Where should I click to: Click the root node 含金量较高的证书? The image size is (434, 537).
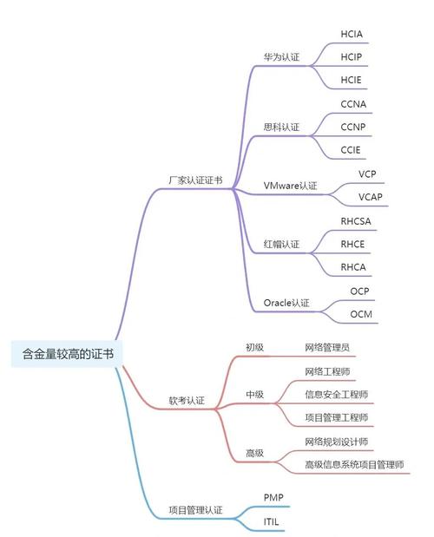(x=67, y=354)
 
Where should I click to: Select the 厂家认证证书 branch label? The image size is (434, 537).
(x=194, y=180)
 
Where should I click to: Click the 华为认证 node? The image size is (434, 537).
(x=281, y=57)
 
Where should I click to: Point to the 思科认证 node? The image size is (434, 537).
(x=281, y=128)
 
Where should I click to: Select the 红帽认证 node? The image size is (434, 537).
(x=281, y=245)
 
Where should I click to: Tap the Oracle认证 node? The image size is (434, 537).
(x=286, y=303)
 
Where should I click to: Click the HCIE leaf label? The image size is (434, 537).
(x=352, y=80)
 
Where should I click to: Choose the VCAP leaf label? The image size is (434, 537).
(x=371, y=197)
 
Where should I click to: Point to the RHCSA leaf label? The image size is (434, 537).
(x=356, y=220)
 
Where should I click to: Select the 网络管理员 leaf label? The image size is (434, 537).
(x=327, y=348)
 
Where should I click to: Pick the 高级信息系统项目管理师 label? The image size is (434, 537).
(x=353, y=465)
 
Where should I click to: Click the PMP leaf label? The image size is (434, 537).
(x=273, y=497)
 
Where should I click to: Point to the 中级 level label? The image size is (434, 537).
(x=254, y=395)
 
